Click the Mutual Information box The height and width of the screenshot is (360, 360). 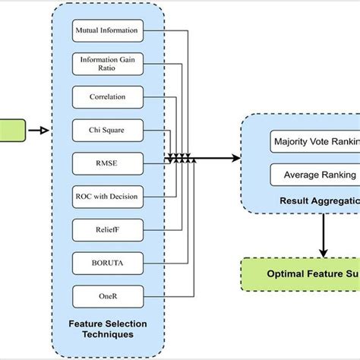[x=106, y=32]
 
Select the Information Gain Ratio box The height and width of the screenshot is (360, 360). [x=106, y=64]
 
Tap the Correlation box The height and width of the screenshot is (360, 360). [x=106, y=97]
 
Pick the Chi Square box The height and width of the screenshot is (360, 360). [x=106, y=131]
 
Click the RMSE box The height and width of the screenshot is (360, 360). [x=106, y=163]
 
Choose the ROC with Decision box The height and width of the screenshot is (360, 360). [x=106, y=196]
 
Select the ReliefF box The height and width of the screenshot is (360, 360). [x=106, y=229]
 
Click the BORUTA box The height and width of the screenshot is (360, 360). [x=106, y=262]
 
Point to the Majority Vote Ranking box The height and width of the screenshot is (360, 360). [x=314, y=142]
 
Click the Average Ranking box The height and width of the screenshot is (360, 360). [x=314, y=175]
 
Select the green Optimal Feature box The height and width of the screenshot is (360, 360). [x=301, y=274]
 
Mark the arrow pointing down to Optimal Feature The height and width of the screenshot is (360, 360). [x=325, y=235]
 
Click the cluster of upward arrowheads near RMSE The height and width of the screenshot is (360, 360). [x=181, y=159]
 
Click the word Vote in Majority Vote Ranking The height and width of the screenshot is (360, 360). [x=317, y=142]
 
